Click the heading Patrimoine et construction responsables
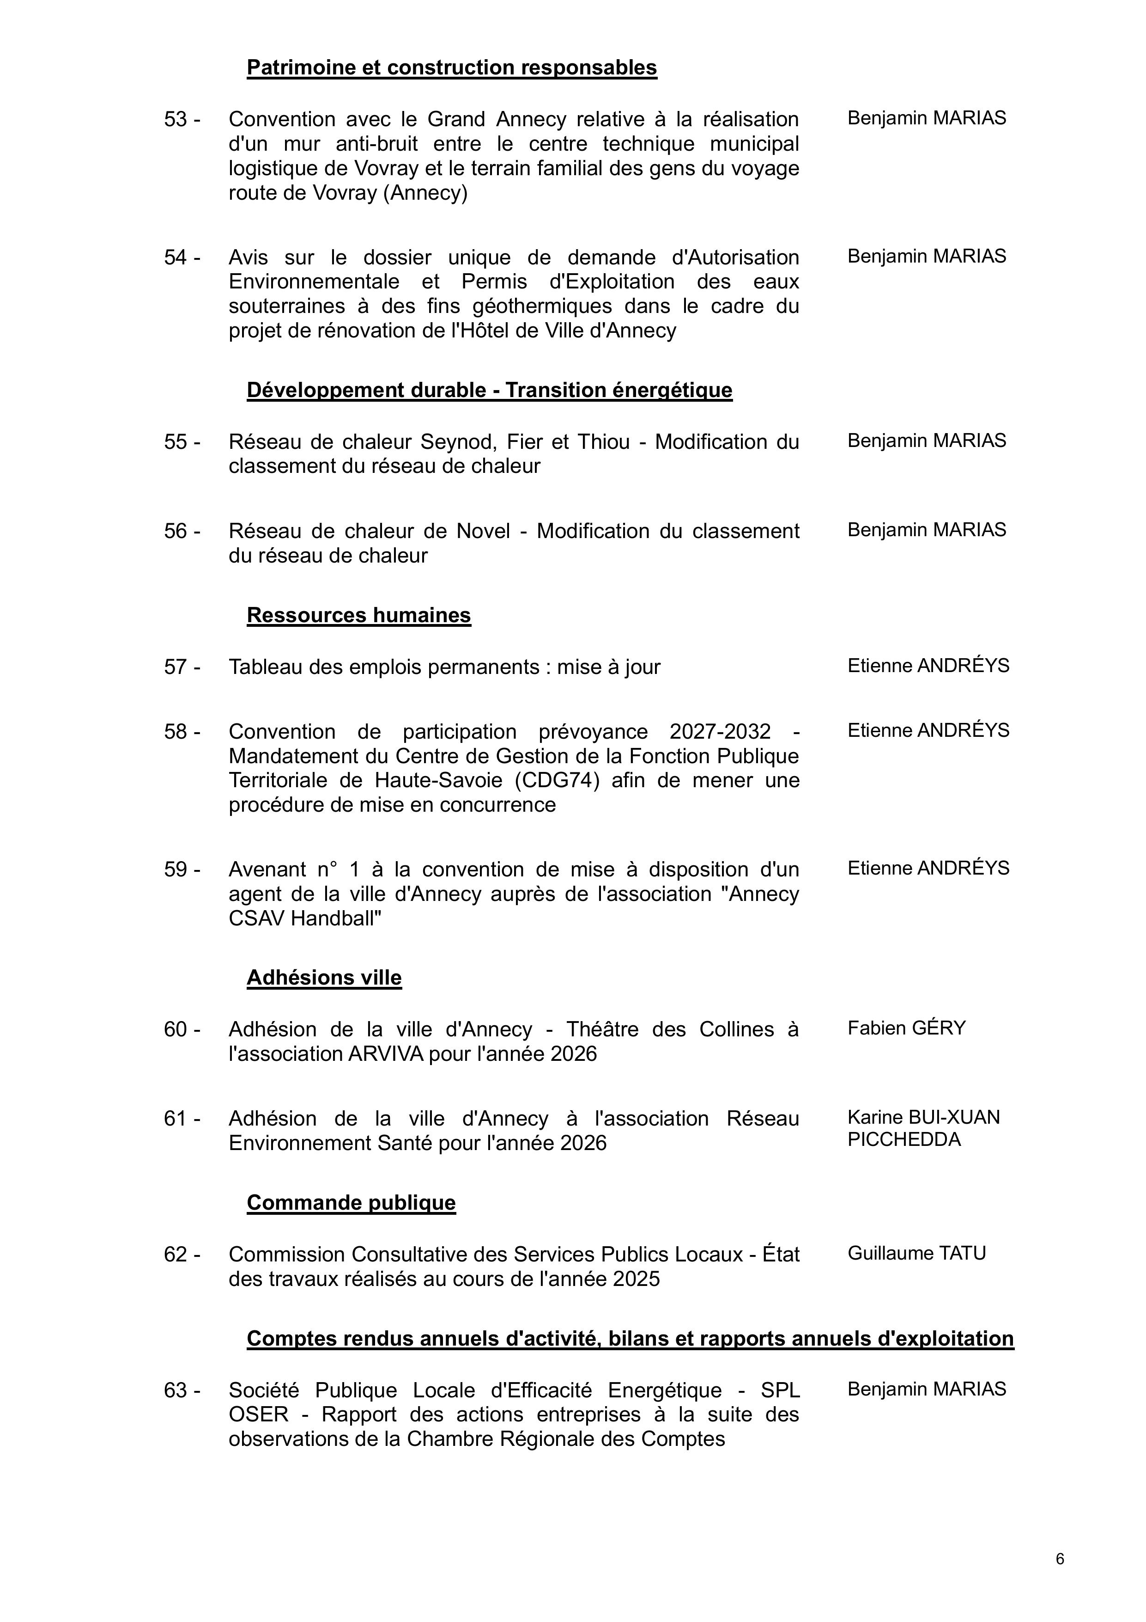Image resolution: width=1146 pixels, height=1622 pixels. click(451, 68)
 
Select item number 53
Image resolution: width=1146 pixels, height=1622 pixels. click(176, 119)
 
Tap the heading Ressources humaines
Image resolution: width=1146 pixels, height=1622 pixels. click(359, 615)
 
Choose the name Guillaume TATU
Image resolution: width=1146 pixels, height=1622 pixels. click(916, 1253)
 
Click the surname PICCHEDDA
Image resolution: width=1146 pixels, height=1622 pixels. click(904, 1139)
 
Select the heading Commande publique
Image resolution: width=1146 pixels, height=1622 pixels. click(351, 1202)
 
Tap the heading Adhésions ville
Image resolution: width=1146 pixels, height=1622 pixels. click(324, 978)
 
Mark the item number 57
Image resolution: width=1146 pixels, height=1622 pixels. click(176, 667)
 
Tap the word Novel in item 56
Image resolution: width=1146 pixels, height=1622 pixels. click(483, 531)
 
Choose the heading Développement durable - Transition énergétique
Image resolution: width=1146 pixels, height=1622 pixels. click(489, 390)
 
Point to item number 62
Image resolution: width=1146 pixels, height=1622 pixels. click(176, 1254)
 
